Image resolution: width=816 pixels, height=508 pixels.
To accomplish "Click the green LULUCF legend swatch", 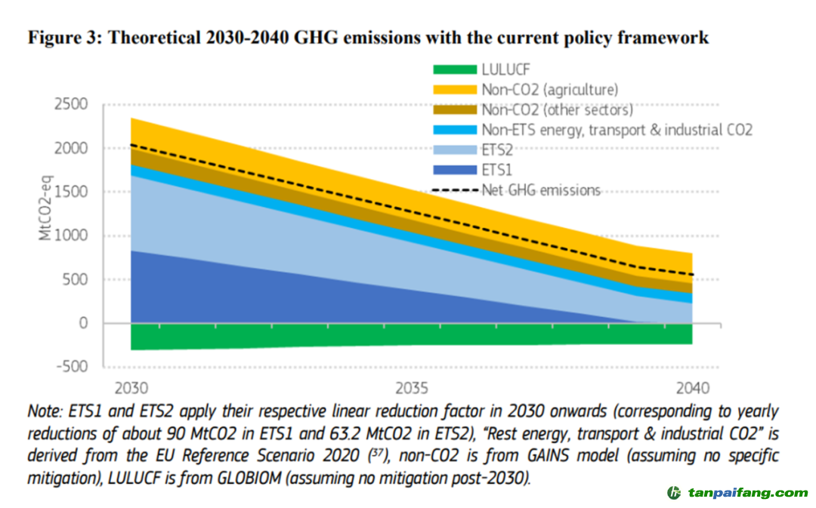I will (455, 70).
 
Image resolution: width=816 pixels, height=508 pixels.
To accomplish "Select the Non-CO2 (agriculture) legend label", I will (549, 90).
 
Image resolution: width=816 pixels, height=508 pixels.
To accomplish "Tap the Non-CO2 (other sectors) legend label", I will (557, 110).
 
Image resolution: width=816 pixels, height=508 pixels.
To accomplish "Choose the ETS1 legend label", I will (498, 171).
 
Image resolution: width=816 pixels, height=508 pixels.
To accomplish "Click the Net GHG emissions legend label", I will (541, 190).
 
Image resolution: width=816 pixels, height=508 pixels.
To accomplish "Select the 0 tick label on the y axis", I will (83, 324).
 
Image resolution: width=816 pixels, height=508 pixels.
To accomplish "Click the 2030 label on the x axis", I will (129, 389).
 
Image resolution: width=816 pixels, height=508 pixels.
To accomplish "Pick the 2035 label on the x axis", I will (412, 389).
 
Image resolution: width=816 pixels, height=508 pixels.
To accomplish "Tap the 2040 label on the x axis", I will (692, 389).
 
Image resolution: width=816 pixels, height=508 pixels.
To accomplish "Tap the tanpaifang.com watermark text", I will (748, 493).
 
